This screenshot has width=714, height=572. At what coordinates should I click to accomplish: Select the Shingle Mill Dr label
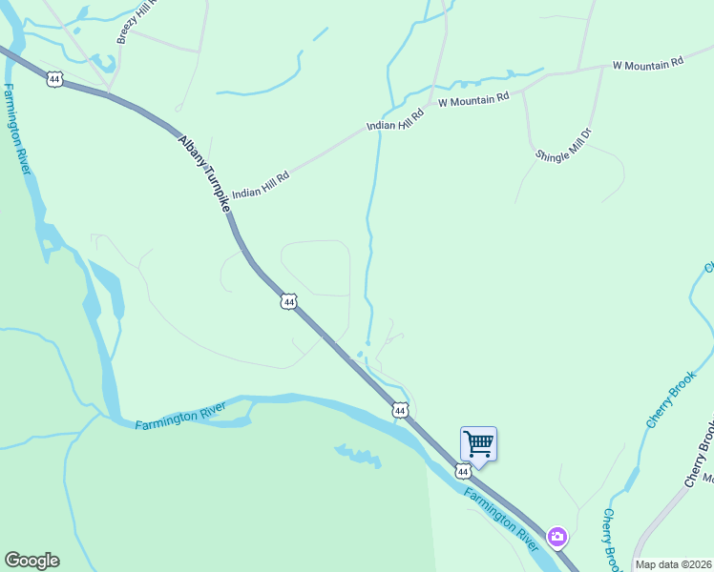click(564, 141)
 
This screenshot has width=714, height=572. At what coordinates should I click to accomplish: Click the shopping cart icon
click(478, 443)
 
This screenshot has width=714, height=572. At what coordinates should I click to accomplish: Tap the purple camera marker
click(556, 538)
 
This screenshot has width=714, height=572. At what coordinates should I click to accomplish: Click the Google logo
click(31, 561)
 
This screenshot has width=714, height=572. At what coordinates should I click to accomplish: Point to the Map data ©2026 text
click(673, 564)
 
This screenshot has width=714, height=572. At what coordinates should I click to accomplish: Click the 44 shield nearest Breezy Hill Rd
click(54, 79)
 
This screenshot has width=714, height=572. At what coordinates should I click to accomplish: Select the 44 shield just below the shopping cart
click(463, 471)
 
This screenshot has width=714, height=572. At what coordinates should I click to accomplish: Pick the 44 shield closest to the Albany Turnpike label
click(289, 301)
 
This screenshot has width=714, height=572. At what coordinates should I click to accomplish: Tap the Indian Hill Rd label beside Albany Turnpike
click(261, 178)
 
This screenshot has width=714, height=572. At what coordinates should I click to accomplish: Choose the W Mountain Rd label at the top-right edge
click(648, 63)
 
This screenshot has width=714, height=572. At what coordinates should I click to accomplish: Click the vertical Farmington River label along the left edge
click(15, 129)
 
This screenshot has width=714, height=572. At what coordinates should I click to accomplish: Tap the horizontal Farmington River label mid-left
click(180, 417)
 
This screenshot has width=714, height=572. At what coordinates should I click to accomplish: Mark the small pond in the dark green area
click(358, 456)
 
